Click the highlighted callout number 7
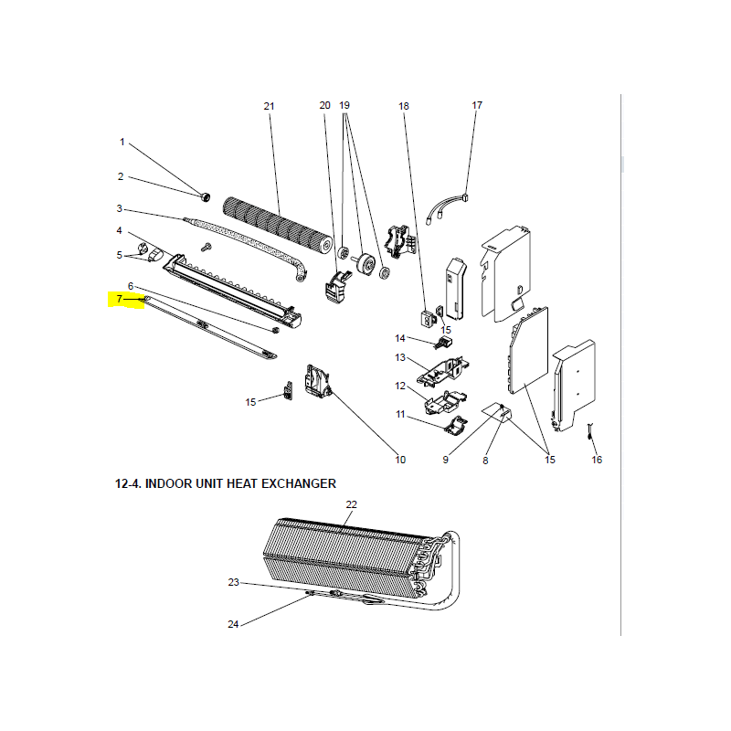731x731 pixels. coord(120,299)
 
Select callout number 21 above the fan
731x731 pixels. coord(269,106)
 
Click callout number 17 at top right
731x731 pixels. coord(477,105)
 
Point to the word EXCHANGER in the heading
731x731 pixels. coord(299,483)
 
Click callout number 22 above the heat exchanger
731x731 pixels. coord(352,504)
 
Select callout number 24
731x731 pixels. coord(233,624)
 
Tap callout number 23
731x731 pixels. coord(234,582)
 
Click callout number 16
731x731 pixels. coord(597,460)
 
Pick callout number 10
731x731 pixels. coord(400,460)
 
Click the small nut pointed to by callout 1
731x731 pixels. coord(205,197)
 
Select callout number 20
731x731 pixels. coord(325,105)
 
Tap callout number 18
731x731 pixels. coord(404,106)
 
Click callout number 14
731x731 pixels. coord(400,338)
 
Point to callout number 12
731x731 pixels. coord(400,386)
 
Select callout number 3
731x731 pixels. coord(120,208)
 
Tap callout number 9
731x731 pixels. coord(446,460)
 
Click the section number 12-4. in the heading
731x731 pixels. coord(128,483)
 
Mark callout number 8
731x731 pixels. coord(485,461)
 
